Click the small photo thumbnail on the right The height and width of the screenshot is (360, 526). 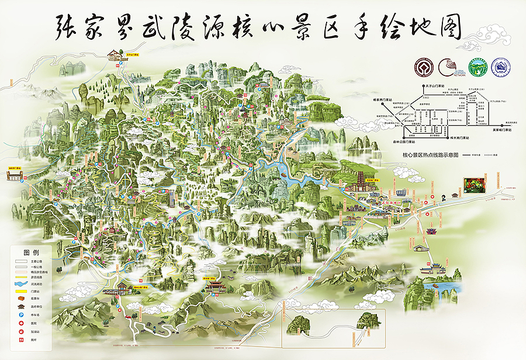coord(474,185)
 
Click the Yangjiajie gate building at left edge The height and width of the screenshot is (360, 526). coord(14,174)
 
